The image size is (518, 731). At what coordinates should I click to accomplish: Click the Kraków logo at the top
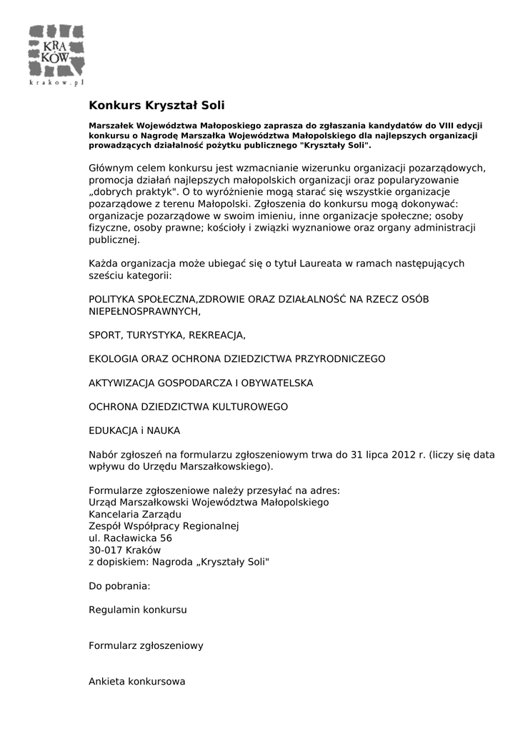point(57,51)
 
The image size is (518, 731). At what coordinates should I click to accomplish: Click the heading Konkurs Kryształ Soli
point(156,106)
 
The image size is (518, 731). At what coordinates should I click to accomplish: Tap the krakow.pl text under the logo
point(57,83)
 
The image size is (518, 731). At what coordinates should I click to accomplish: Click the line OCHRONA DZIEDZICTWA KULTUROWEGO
point(188,407)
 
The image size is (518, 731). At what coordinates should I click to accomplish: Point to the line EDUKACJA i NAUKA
point(134,430)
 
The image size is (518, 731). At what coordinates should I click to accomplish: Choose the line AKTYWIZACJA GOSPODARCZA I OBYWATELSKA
point(201,383)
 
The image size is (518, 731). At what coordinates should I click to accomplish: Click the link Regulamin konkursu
point(138,610)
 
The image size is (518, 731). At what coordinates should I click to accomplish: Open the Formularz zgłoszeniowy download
point(146,645)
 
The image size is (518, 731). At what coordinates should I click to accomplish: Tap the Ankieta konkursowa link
point(137,681)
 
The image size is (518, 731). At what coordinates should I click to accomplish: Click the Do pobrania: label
point(119,586)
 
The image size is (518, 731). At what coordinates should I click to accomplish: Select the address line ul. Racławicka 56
point(130,538)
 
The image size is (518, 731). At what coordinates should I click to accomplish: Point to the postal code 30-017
point(105,550)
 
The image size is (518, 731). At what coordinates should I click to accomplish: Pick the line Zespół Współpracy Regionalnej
point(164,526)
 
